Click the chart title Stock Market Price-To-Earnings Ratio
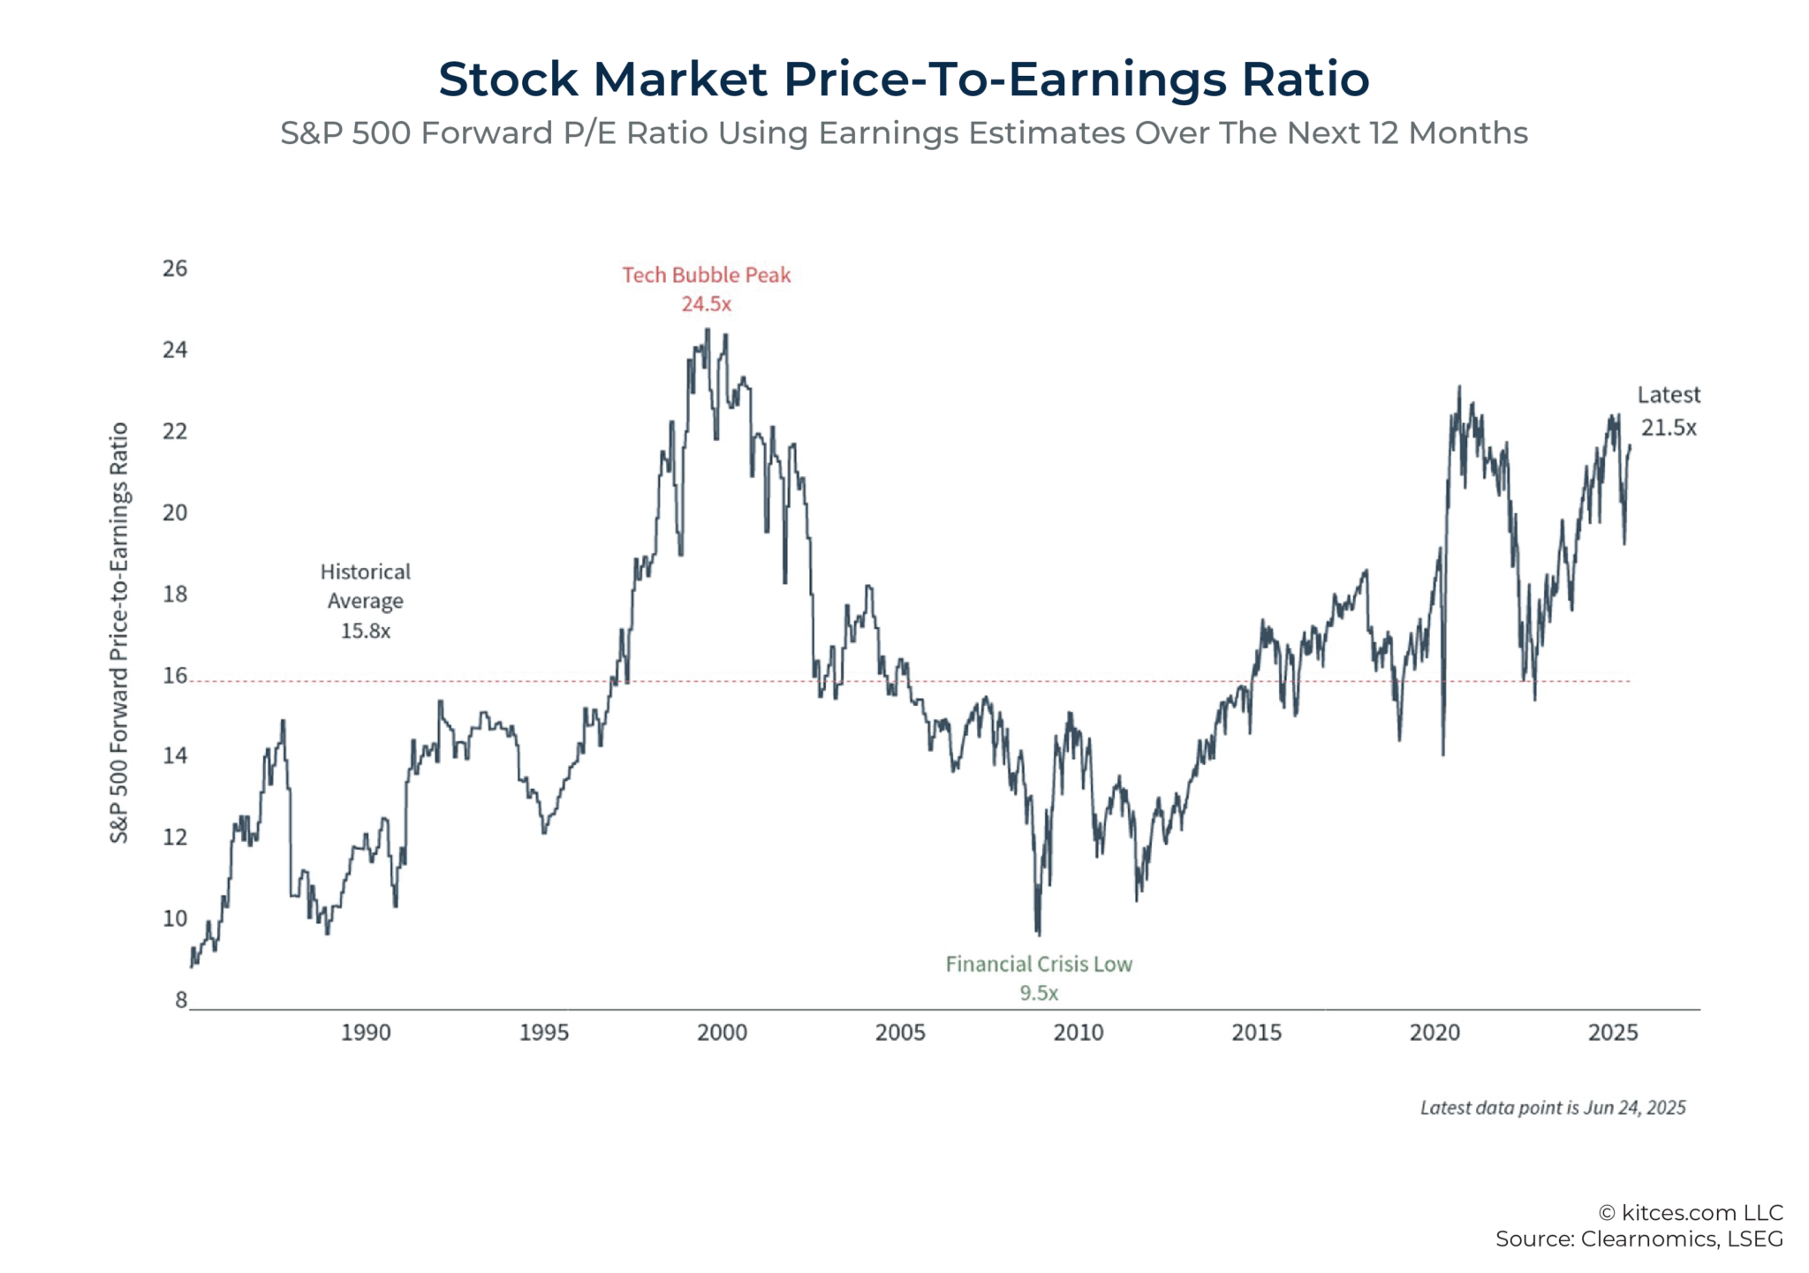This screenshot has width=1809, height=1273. point(904,79)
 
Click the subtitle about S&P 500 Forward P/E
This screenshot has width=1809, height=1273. point(904,133)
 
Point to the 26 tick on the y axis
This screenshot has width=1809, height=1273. point(175,269)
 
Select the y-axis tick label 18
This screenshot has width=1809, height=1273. point(175,594)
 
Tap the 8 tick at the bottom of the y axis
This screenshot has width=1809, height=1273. point(181,999)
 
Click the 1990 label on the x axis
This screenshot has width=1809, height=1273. point(366,1032)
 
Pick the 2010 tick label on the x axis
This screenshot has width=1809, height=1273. point(1079,1032)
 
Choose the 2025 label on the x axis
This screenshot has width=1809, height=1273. point(1613,1032)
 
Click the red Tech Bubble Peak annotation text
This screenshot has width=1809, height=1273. point(706,275)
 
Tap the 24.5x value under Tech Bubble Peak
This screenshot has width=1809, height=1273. point(706,304)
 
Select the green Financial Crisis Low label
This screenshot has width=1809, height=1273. point(1039,964)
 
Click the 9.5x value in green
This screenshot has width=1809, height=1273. point(1039,993)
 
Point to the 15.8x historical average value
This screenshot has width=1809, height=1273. point(366,631)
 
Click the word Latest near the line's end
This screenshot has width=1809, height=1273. point(1668,395)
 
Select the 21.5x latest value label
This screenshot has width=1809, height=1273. point(1669,428)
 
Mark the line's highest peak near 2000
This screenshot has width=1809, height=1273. point(707,330)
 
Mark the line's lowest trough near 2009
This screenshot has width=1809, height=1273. point(1039,934)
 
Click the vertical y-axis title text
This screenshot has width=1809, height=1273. point(119,633)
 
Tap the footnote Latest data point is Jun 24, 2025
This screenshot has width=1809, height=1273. point(1553,1108)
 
